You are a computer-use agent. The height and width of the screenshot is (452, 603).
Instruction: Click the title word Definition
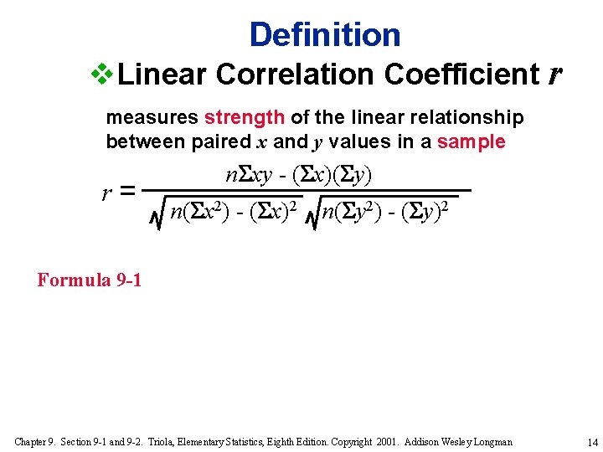point(325,34)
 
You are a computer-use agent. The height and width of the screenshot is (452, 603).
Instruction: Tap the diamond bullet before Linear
point(101,74)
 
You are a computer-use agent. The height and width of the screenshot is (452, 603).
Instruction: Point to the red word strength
point(245,117)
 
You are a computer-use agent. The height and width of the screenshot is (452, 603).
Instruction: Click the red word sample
point(471,141)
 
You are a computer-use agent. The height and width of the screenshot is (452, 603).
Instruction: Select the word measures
point(152,117)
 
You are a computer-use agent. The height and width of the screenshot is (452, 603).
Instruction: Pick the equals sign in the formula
point(128,193)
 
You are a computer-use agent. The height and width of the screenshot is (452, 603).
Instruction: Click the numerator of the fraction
point(299,175)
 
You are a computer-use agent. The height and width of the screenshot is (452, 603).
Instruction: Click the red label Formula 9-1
point(90,280)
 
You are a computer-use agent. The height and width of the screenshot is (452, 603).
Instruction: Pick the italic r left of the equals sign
point(106,194)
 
